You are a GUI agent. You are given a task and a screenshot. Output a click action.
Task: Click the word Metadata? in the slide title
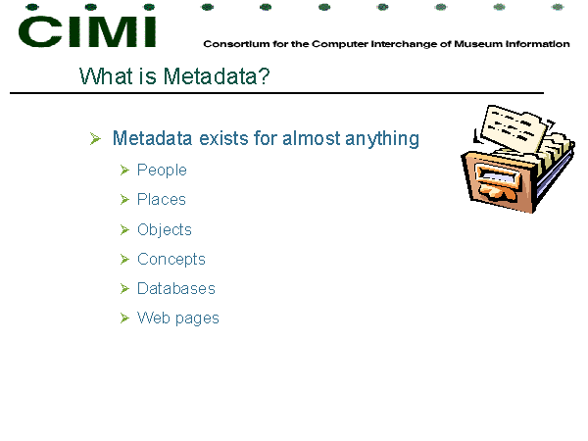(217, 76)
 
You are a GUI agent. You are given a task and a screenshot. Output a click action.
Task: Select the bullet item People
(162, 171)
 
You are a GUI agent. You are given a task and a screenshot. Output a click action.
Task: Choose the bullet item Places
(162, 199)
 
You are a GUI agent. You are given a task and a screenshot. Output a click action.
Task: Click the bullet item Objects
(165, 229)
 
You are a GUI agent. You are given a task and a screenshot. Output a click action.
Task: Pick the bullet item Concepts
(171, 259)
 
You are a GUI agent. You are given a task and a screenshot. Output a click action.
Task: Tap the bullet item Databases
(176, 288)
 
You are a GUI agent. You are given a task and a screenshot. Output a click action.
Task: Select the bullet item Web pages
(177, 318)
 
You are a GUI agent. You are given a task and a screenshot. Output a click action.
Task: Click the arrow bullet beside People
(124, 171)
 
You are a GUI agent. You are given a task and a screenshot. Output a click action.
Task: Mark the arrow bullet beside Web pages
(124, 318)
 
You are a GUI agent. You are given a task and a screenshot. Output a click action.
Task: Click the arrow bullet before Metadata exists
(95, 138)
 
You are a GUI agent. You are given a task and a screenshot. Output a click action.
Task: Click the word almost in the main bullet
(312, 138)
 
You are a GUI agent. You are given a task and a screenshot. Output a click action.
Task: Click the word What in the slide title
(106, 76)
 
